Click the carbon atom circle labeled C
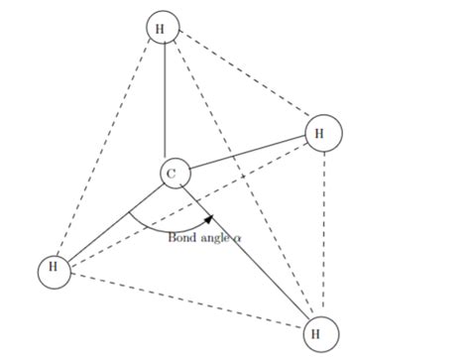coord(172,175)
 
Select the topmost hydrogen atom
coord(162,28)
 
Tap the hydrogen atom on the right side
coord(322,132)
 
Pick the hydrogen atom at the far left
coord(54,270)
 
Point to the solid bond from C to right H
coord(248,153)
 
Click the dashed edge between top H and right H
coord(243,80)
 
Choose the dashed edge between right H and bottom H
coord(320,233)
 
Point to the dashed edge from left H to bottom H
coord(183,301)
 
